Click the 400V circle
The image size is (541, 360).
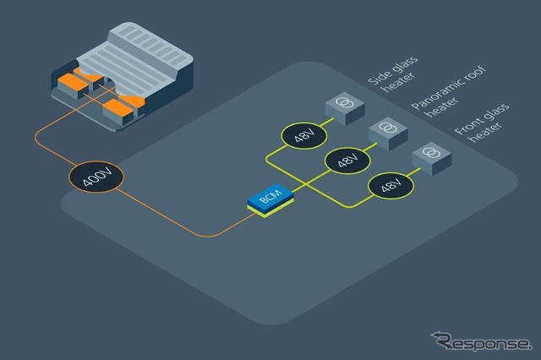pos(96,178)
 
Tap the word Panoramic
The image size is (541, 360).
pos(425,95)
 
